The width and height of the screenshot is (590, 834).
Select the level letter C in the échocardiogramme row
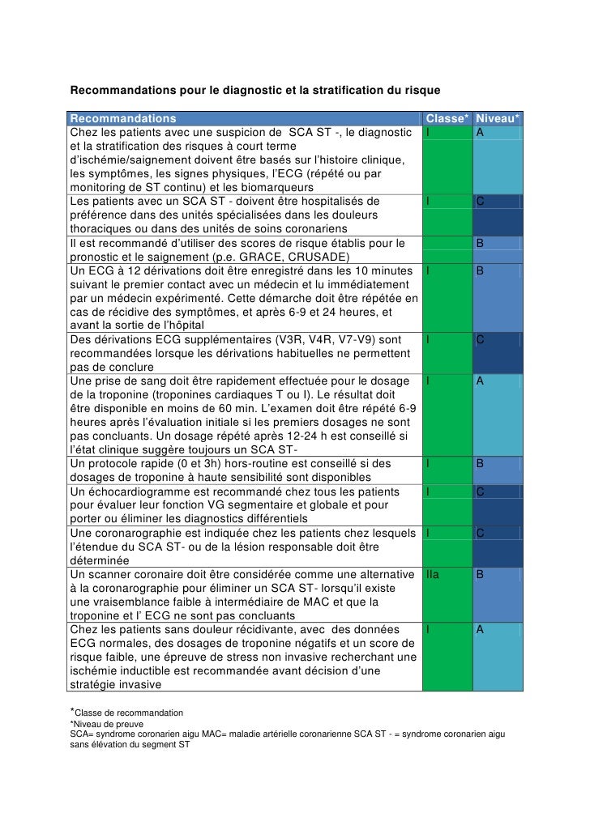pyautogui.click(x=480, y=491)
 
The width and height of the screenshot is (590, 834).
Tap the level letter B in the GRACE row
pyautogui.click(x=480, y=243)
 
